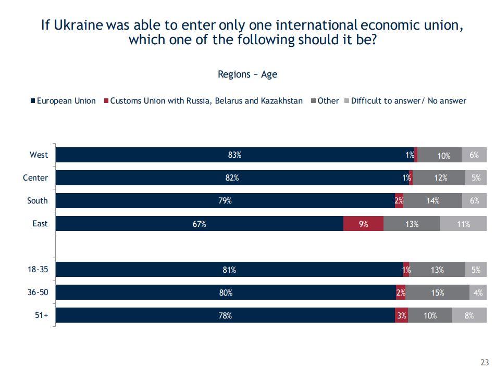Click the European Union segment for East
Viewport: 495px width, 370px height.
(x=199, y=224)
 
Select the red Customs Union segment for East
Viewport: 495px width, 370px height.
(x=363, y=224)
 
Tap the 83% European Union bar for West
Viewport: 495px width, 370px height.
(x=234, y=155)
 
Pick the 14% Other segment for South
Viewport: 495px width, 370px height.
(x=432, y=201)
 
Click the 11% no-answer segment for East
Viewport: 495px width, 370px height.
(x=463, y=224)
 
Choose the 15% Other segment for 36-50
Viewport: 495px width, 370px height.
(x=437, y=292)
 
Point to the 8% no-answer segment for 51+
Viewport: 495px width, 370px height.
(x=469, y=315)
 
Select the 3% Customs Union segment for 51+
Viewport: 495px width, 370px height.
(x=401, y=315)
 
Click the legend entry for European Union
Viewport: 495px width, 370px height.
(x=64, y=101)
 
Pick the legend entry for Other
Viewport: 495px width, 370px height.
(x=328, y=101)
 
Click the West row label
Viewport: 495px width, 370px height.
(x=39, y=155)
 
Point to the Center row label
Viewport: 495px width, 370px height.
(x=35, y=178)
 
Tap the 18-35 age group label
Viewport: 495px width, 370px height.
(x=38, y=270)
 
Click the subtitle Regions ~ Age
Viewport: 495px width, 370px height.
(x=247, y=74)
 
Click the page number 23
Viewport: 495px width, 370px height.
(x=484, y=363)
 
